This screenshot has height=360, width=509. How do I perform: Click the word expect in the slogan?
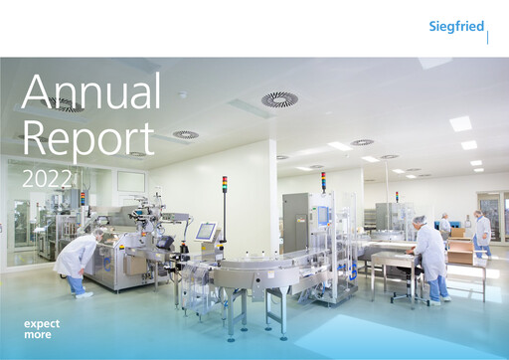click(x=42, y=324)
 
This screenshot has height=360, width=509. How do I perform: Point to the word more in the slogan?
click(x=38, y=334)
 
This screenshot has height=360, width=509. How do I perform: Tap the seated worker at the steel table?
click(x=429, y=257)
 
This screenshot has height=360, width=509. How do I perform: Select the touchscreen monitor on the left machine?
click(x=206, y=231)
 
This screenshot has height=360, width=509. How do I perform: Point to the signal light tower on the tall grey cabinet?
click(x=323, y=181)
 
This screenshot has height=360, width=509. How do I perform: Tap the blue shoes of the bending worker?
click(x=81, y=292)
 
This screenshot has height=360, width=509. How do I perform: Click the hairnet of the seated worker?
click(x=421, y=220)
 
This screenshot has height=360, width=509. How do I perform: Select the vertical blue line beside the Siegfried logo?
click(x=488, y=37)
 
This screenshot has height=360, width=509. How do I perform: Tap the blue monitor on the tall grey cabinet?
click(x=322, y=215)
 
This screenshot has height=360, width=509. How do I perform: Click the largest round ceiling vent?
click(x=279, y=99)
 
